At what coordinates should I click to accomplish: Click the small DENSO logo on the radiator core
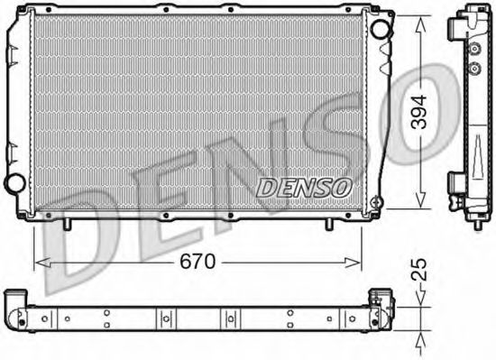tap(304, 186)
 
